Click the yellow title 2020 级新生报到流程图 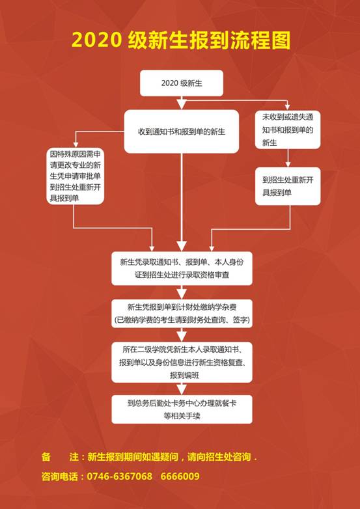pos(180,40)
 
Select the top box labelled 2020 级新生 pos(182,83)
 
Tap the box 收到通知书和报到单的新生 pos(182,131)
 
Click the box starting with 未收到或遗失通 pos(288,130)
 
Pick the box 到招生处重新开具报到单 pos(288,186)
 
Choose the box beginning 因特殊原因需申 pos(76,176)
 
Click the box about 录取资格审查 pos(182,268)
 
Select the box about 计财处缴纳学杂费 pos(182,314)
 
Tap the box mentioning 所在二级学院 pos(182,362)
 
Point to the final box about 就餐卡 pos(182,409)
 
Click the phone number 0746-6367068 pos(120,476)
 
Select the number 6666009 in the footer pos(180,476)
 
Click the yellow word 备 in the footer pos(46,457)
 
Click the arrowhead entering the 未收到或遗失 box pos(287,107)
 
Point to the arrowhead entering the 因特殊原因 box pos(76,144)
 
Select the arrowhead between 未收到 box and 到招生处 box pos(288,164)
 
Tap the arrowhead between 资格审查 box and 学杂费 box pos(182,294)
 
